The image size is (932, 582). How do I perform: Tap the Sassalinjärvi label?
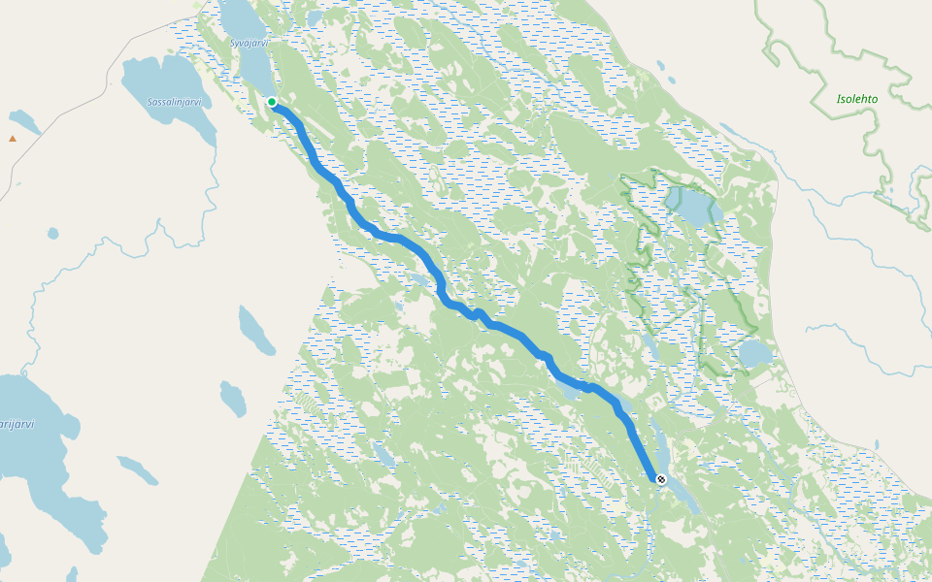click(x=174, y=102)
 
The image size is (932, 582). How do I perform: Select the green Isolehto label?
click(x=857, y=99)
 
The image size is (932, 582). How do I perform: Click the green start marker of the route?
click(x=273, y=102)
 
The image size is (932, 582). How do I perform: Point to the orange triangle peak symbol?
click(x=13, y=138)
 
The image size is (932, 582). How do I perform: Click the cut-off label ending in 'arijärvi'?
click(x=17, y=424)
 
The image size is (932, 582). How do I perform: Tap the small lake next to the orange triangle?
click(x=23, y=121)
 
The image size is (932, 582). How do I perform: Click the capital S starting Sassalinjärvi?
click(x=150, y=102)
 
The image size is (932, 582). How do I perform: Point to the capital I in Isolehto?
click(x=839, y=99)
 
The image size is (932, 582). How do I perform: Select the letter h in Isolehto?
click(x=864, y=99)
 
